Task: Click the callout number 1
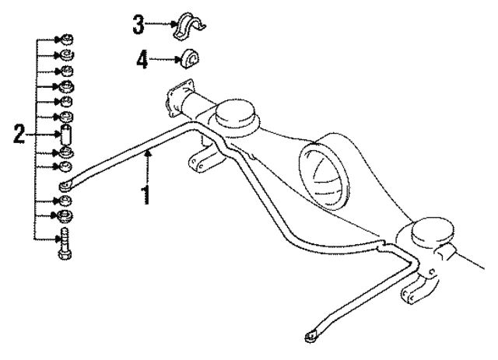click(146, 195)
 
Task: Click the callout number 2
click(19, 134)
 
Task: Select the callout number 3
click(139, 24)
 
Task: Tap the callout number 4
click(142, 60)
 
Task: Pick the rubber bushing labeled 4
click(190, 58)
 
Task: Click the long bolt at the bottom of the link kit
click(65, 244)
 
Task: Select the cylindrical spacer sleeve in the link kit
click(65, 135)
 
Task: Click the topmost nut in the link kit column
click(66, 40)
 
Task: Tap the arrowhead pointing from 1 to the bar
click(147, 154)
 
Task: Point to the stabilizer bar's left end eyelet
click(65, 187)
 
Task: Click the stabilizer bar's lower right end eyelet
click(311, 336)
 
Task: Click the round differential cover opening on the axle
click(322, 177)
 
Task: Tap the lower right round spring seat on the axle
click(433, 232)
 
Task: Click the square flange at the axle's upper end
click(179, 98)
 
